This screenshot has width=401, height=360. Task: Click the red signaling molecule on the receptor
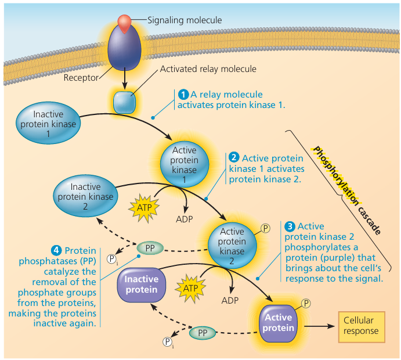click(124, 21)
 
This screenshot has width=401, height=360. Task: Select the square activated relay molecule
click(124, 102)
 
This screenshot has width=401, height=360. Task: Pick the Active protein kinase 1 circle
click(185, 164)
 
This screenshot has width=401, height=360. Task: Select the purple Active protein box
click(278, 323)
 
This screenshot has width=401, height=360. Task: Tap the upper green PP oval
click(150, 247)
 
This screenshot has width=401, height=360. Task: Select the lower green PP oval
click(203, 333)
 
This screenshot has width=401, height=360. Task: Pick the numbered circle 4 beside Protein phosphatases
click(56, 250)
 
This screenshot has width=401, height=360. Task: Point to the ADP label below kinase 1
click(185, 220)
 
